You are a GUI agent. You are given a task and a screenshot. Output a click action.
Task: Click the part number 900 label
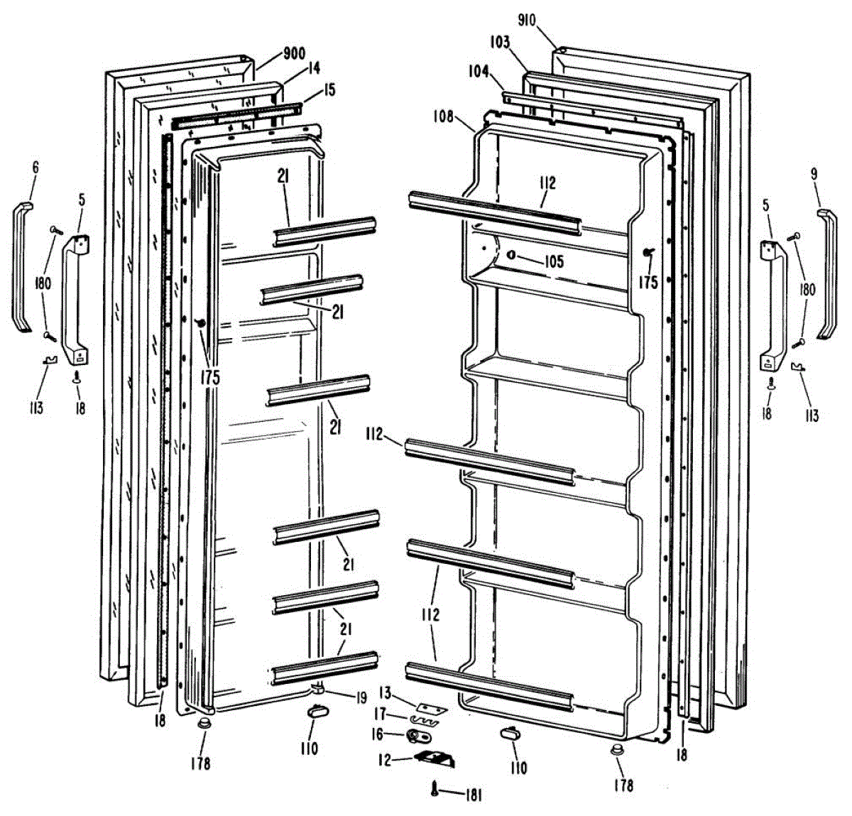point(294,54)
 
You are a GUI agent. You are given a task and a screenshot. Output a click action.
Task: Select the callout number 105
point(553,261)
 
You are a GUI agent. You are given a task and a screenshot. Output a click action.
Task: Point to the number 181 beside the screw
point(473,795)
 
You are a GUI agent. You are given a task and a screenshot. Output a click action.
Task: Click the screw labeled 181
point(435,788)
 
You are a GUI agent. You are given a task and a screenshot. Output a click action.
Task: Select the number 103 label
point(499,43)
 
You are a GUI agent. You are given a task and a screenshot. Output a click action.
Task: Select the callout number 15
point(329,90)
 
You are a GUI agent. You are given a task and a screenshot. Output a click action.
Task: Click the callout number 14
point(313,68)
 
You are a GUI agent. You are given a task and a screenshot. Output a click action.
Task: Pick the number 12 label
point(384,761)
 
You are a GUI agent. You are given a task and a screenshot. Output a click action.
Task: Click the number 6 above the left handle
point(35,168)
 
